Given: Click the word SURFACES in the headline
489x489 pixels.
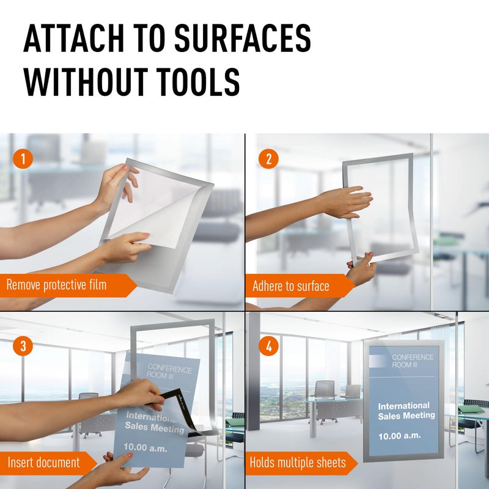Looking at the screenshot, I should (x=243, y=39).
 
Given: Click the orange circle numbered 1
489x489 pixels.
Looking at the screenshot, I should (x=23, y=160).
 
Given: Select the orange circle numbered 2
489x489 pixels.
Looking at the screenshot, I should (x=268, y=160).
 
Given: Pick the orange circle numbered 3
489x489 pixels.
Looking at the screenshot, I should (x=23, y=347).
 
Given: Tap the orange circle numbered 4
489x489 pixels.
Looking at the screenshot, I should (x=268, y=347).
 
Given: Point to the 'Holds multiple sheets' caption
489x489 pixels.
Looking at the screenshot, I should (x=297, y=463).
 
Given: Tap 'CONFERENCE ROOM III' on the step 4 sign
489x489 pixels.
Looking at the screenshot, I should (x=413, y=361).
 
